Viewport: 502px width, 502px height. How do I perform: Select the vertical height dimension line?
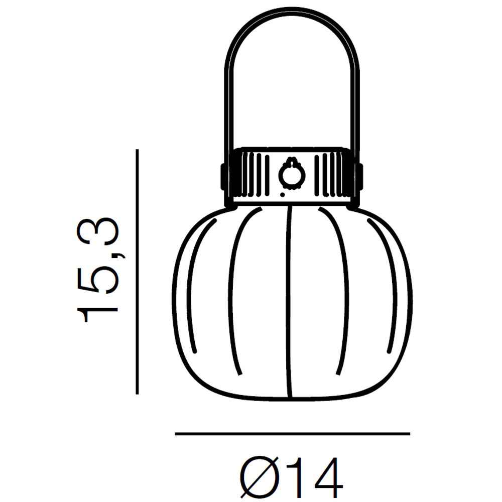[x=137, y=272]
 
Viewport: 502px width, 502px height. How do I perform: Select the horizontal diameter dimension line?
[x=292, y=434]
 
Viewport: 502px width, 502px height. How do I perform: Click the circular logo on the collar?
[x=292, y=175]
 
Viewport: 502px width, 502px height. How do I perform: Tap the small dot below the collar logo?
[x=282, y=194]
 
